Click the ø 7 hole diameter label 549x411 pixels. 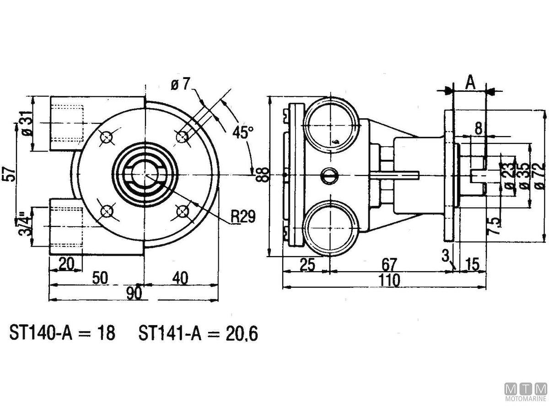[x=180, y=84]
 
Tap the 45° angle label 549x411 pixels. [x=242, y=132]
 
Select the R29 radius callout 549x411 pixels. [x=242, y=216]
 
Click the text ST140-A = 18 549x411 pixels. [x=62, y=333]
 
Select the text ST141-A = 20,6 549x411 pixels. [x=198, y=333]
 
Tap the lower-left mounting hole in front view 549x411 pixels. [x=107, y=211]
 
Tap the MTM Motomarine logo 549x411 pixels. [x=526, y=391]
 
